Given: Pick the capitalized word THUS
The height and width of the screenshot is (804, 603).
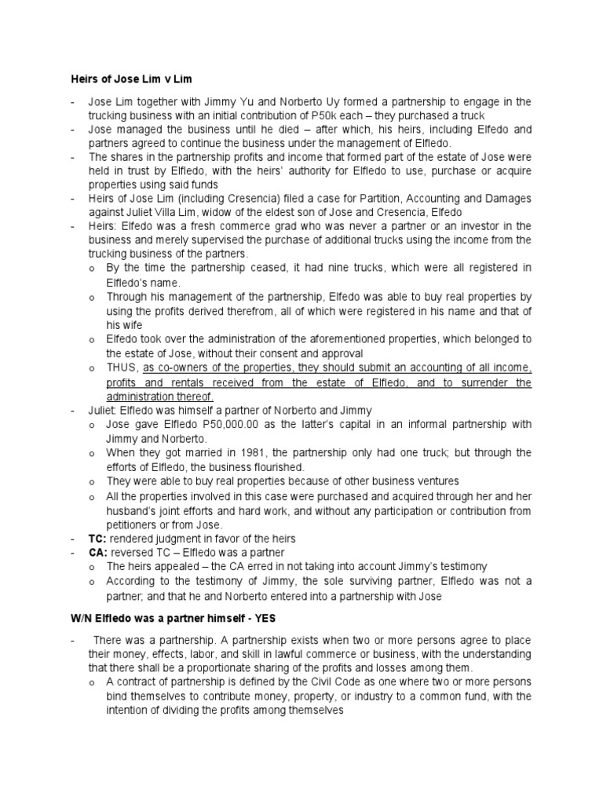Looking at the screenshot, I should [123, 367].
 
